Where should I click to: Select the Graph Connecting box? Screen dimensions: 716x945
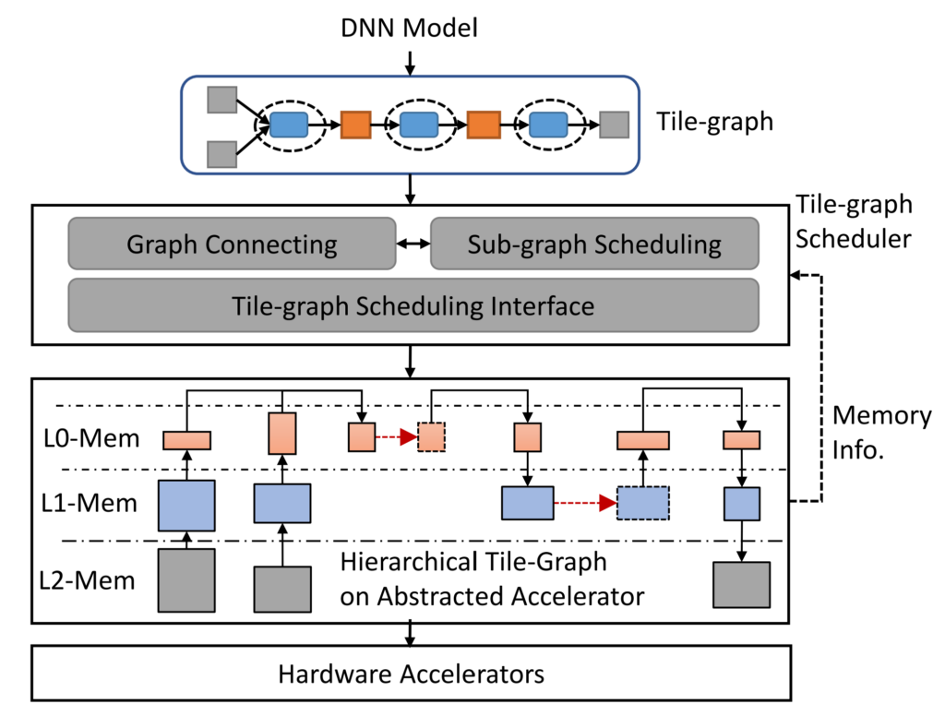tap(232, 244)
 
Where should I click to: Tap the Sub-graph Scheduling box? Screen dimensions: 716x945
tap(594, 244)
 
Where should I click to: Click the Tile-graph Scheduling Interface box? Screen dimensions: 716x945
tap(413, 304)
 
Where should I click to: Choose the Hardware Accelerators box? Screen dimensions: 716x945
tap(412, 674)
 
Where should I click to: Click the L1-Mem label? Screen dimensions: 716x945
tap(90, 504)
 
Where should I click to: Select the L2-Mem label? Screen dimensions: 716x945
tap(90, 581)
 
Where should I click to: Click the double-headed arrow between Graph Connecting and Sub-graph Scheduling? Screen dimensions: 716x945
tap(413, 244)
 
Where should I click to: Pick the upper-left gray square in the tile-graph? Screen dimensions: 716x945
tap(222, 99)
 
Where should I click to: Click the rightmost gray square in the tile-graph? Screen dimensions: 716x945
tap(614, 125)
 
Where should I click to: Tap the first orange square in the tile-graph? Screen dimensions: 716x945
tap(355, 125)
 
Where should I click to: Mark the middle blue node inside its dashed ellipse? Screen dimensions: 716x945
tap(418, 125)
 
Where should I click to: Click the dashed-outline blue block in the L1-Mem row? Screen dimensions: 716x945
tap(642, 504)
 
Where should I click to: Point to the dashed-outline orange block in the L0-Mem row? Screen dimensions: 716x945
tap(430, 437)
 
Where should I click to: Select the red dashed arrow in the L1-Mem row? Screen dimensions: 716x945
tap(585, 504)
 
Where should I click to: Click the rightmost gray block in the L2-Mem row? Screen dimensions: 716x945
tap(741, 584)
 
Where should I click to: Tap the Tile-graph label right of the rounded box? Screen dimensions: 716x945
tap(714, 121)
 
